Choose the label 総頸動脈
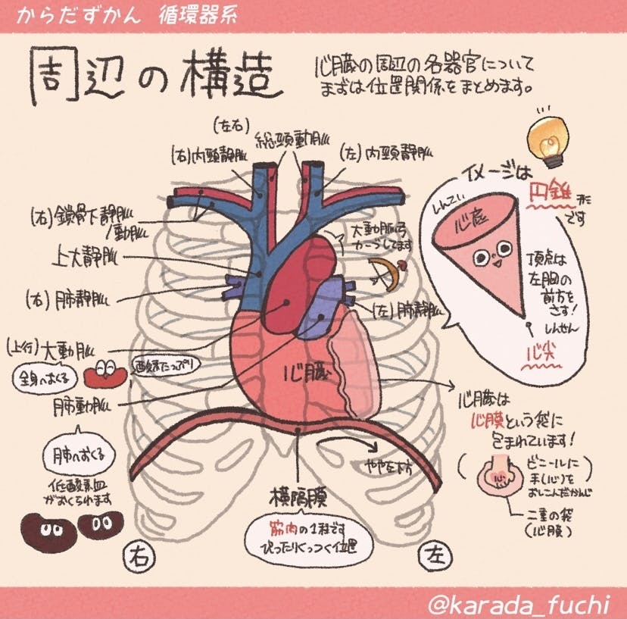290,141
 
